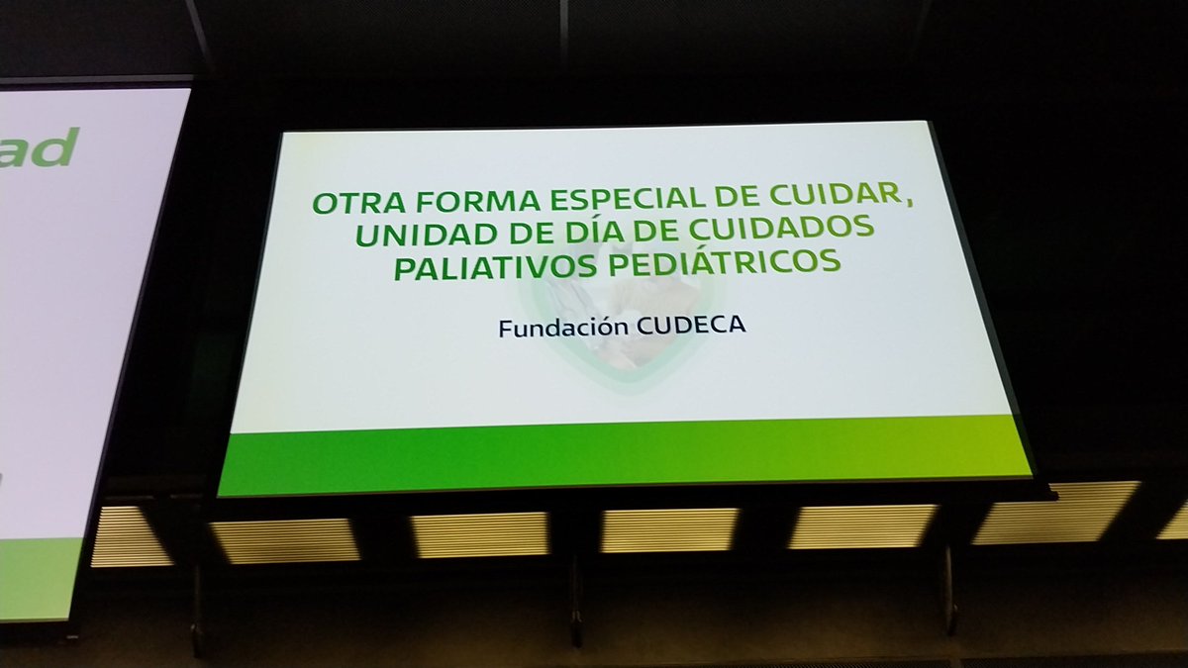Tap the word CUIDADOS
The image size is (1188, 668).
pos(786,230)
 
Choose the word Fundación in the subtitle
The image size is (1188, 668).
pos(560,329)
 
